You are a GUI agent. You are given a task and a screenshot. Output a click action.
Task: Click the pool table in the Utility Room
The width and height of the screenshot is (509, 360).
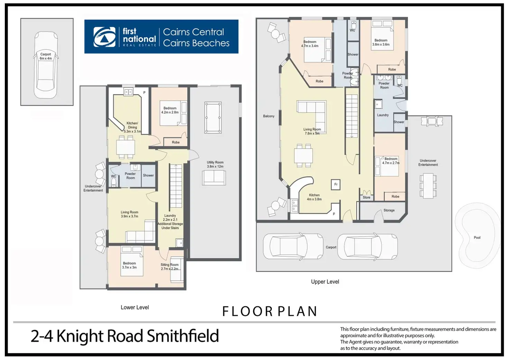click(213, 117)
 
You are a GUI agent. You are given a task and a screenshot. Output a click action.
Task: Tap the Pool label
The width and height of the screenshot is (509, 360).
click(477, 238)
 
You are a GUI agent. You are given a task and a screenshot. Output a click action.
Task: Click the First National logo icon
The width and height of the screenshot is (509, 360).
click(104, 37)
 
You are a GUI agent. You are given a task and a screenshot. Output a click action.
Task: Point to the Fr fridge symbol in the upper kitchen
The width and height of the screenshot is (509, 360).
click(336, 185)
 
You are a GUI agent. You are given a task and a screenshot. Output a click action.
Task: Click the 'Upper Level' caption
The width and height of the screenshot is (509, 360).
click(325, 281)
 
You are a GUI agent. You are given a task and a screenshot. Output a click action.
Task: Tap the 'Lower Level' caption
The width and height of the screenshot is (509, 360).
click(135, 307)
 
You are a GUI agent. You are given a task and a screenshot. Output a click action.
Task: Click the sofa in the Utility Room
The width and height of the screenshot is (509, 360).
click(214, 177)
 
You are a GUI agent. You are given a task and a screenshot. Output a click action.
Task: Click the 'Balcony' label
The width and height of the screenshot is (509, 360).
click(269, 116)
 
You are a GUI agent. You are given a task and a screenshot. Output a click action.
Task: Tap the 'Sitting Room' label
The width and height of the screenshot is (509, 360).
click(169, 265)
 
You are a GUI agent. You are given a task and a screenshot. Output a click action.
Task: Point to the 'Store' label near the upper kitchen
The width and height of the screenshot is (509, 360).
click(367, 197)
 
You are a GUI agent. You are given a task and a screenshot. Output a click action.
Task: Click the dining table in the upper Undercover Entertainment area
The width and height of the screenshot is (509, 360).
click(428, 185)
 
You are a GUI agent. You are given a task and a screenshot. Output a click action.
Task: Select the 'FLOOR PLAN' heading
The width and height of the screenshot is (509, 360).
click(269, 312)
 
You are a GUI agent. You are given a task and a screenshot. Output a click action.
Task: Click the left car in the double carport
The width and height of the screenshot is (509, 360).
click(293, 247)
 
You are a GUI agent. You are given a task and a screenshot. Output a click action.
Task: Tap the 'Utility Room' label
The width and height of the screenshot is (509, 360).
click(215, 162)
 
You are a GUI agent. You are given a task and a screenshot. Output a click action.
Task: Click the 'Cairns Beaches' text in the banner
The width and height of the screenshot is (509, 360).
click(196, 43)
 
